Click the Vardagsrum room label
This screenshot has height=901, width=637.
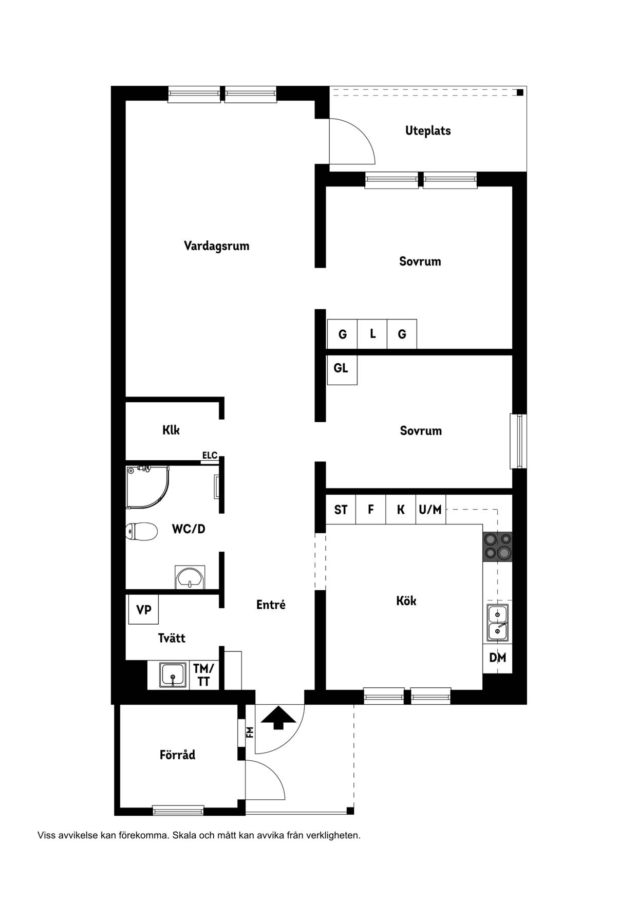pos(216,246)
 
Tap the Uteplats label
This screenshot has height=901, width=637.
pos(428,130)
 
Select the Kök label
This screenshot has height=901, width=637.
pos(406,600)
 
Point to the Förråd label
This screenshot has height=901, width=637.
pos(177,755)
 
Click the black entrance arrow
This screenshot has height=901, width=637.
pos(278,718)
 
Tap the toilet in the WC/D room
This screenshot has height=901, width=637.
pos(141,532)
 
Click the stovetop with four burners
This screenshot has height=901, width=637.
pos(497,546)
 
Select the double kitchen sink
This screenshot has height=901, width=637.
pos(497,622)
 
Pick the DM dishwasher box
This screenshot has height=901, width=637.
pos(497,658)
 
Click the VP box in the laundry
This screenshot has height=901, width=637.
pos(143,610)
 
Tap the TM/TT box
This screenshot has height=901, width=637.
pos(204,675)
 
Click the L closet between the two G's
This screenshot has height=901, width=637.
pos(372,334)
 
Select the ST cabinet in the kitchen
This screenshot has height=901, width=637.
pos(341,510)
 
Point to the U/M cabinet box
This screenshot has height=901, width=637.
pos(430,510)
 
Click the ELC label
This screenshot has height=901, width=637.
pos(210,456)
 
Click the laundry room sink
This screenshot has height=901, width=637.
pos(173,674)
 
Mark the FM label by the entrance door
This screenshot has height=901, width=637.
pos(250,731)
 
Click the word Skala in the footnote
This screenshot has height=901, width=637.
pos(184,835)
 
